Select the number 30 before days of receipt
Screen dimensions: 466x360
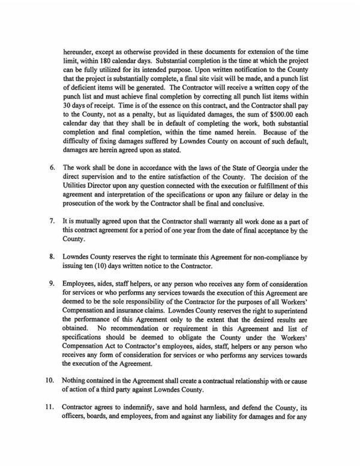[x=67, y=103]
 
